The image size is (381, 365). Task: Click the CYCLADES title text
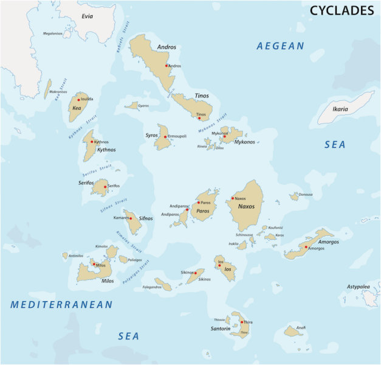[x=342, y=10]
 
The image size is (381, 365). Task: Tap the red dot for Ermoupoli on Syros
[x=165, y=136]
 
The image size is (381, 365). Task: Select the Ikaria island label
[x=340, y=109]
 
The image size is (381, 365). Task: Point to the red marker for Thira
[x=242, y=322]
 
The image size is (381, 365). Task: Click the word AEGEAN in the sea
[x=280, y=46]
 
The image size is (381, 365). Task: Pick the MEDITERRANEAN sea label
[x=61, y=305]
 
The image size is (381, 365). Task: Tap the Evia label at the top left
[x=88, y=16]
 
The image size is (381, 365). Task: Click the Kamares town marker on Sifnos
[x=131, y=217]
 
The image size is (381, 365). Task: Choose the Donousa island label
[x=306, y=195]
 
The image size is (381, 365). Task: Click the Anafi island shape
[x=293, y=332]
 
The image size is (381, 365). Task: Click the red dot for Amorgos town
[x=306, y=247]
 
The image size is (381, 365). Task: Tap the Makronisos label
[x=58, y=92]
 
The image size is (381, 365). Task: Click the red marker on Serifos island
[x=105, y=186]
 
